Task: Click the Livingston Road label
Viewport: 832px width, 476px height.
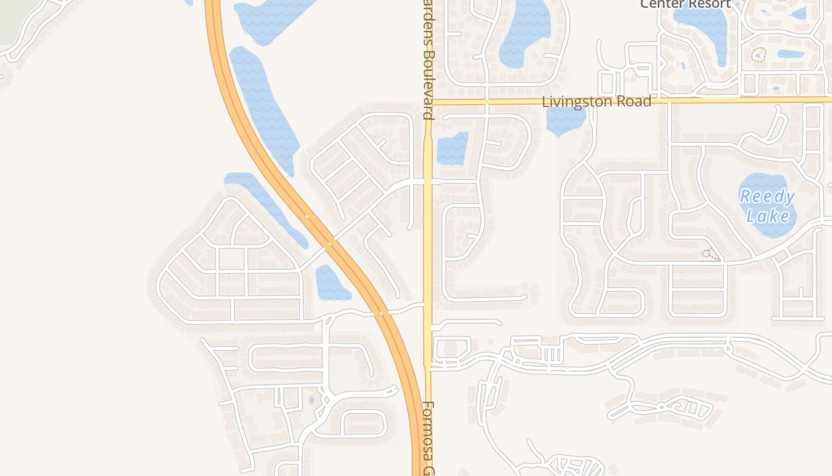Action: tap(596, 102)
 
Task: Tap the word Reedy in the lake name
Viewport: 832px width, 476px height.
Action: tap(767, 197)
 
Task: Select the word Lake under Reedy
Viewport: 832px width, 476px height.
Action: tap(768, 216)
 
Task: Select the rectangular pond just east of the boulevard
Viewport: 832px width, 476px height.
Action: tap(452, 149)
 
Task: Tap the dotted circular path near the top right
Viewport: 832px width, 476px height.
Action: tap(759, 55)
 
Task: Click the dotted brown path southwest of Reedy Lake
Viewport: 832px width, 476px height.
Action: tap(710, 256)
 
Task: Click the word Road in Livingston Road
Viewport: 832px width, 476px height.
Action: tap(635, 102)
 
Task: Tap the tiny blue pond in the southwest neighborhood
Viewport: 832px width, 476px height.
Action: tap(311, 400)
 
